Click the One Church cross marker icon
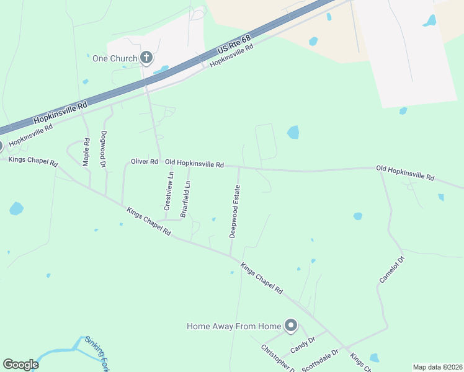tap(146, 58)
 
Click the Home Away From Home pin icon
tap(290, 325)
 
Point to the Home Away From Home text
tap(234, 326)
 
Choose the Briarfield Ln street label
tap(185, 198)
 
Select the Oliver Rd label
tap(145, 162)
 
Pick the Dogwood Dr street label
tap(104, 149)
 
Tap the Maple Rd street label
tap(86, 153)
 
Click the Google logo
tap(20, 365)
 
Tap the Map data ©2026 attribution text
tap(437, 367)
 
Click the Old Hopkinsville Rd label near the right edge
tap(405, 172)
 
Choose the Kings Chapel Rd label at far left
tap(32, 162)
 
